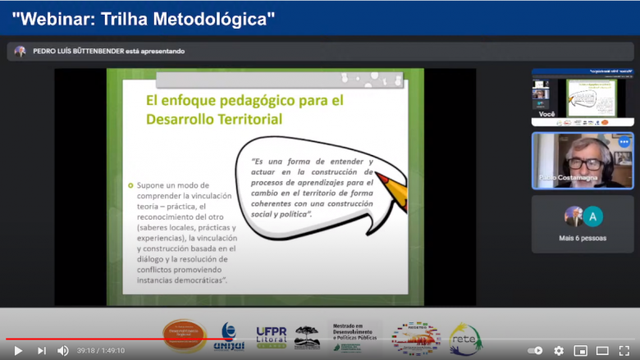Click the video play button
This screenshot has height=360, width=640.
[17, 350]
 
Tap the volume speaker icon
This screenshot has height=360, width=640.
[62, 350]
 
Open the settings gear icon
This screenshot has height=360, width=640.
[559, 350]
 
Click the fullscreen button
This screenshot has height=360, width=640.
[624, 350]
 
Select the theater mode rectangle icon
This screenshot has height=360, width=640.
[602, 350]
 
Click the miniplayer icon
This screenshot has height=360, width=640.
[580, 350]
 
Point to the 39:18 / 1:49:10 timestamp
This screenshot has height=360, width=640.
[101, 350]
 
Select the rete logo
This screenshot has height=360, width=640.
[465, 337]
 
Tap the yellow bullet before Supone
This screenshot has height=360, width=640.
[130, 185]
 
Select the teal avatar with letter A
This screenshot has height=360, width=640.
[592, 216]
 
